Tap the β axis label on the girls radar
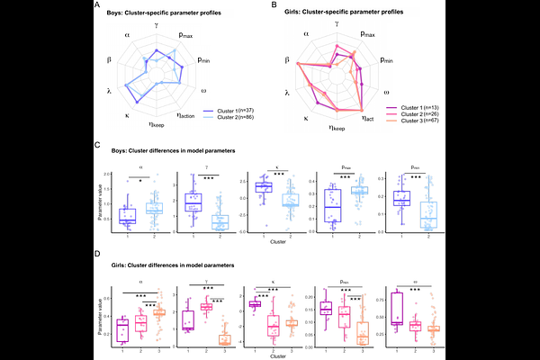[287, 60]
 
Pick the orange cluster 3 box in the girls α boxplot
[159, 311]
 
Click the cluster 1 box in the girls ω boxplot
[397, 306]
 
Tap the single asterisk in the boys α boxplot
[140, 179]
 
